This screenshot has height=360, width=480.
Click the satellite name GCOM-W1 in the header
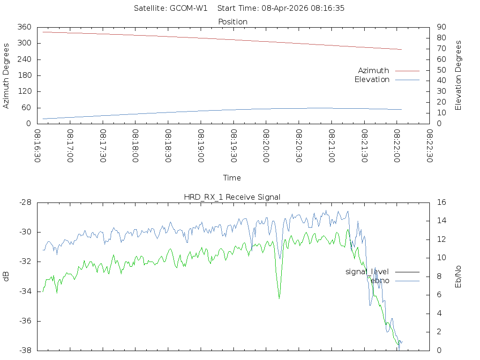pos(188,8)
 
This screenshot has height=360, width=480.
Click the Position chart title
pos(232,22)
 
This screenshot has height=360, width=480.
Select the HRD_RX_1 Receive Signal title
pos(232,197)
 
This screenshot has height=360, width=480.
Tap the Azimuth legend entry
pos(374,70)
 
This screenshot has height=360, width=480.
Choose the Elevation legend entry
pos(372,80)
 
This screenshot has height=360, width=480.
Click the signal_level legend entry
pos(367,272)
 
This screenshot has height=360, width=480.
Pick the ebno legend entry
pos(380,281)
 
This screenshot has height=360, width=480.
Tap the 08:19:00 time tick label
pos(201,146)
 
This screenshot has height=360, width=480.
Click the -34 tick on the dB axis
pos(25,292)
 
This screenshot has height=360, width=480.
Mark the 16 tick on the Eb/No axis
pos(441,202)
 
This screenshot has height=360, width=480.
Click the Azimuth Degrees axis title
pos(6,75)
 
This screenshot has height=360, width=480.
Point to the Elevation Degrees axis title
pos(458,75)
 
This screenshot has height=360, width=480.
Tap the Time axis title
pos(232,178)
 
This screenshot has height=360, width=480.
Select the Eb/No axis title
pos(458,277)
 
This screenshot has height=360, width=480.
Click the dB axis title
pos(6,277)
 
